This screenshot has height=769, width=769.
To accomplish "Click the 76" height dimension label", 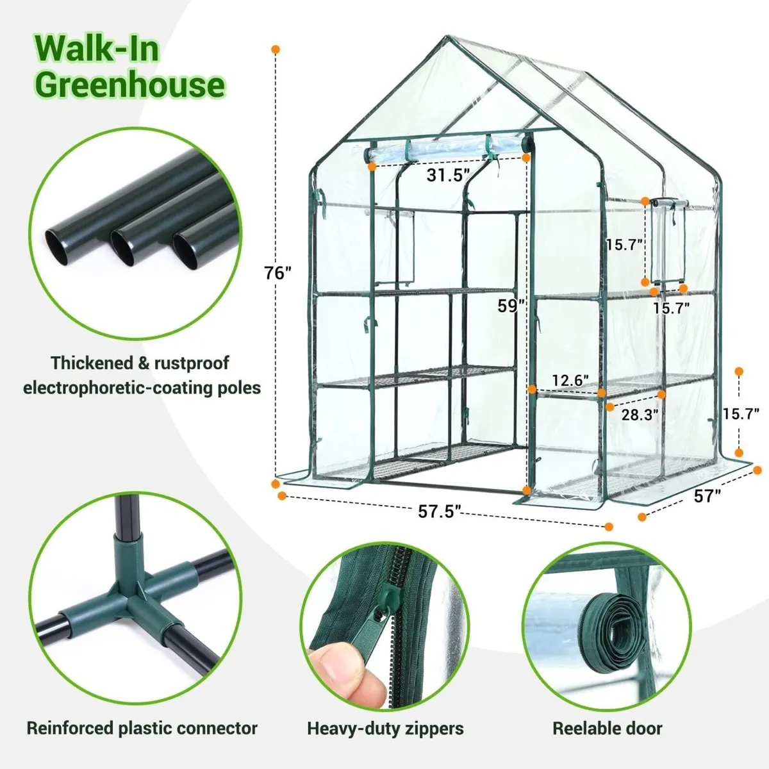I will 278,273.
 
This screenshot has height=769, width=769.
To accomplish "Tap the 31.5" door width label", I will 448,174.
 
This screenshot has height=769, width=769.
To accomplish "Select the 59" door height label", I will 511,306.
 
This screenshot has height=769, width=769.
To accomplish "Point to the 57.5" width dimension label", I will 440,511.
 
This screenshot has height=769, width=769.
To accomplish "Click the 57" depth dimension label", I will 707,495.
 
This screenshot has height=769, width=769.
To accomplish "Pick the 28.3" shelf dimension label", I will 640,415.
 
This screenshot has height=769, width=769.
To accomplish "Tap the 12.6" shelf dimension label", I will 570,381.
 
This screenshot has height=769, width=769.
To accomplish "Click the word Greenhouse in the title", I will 130,85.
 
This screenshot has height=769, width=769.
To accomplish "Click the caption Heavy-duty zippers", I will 385,729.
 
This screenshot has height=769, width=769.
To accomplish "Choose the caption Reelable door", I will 607,729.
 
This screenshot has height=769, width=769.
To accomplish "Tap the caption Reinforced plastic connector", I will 142,729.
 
